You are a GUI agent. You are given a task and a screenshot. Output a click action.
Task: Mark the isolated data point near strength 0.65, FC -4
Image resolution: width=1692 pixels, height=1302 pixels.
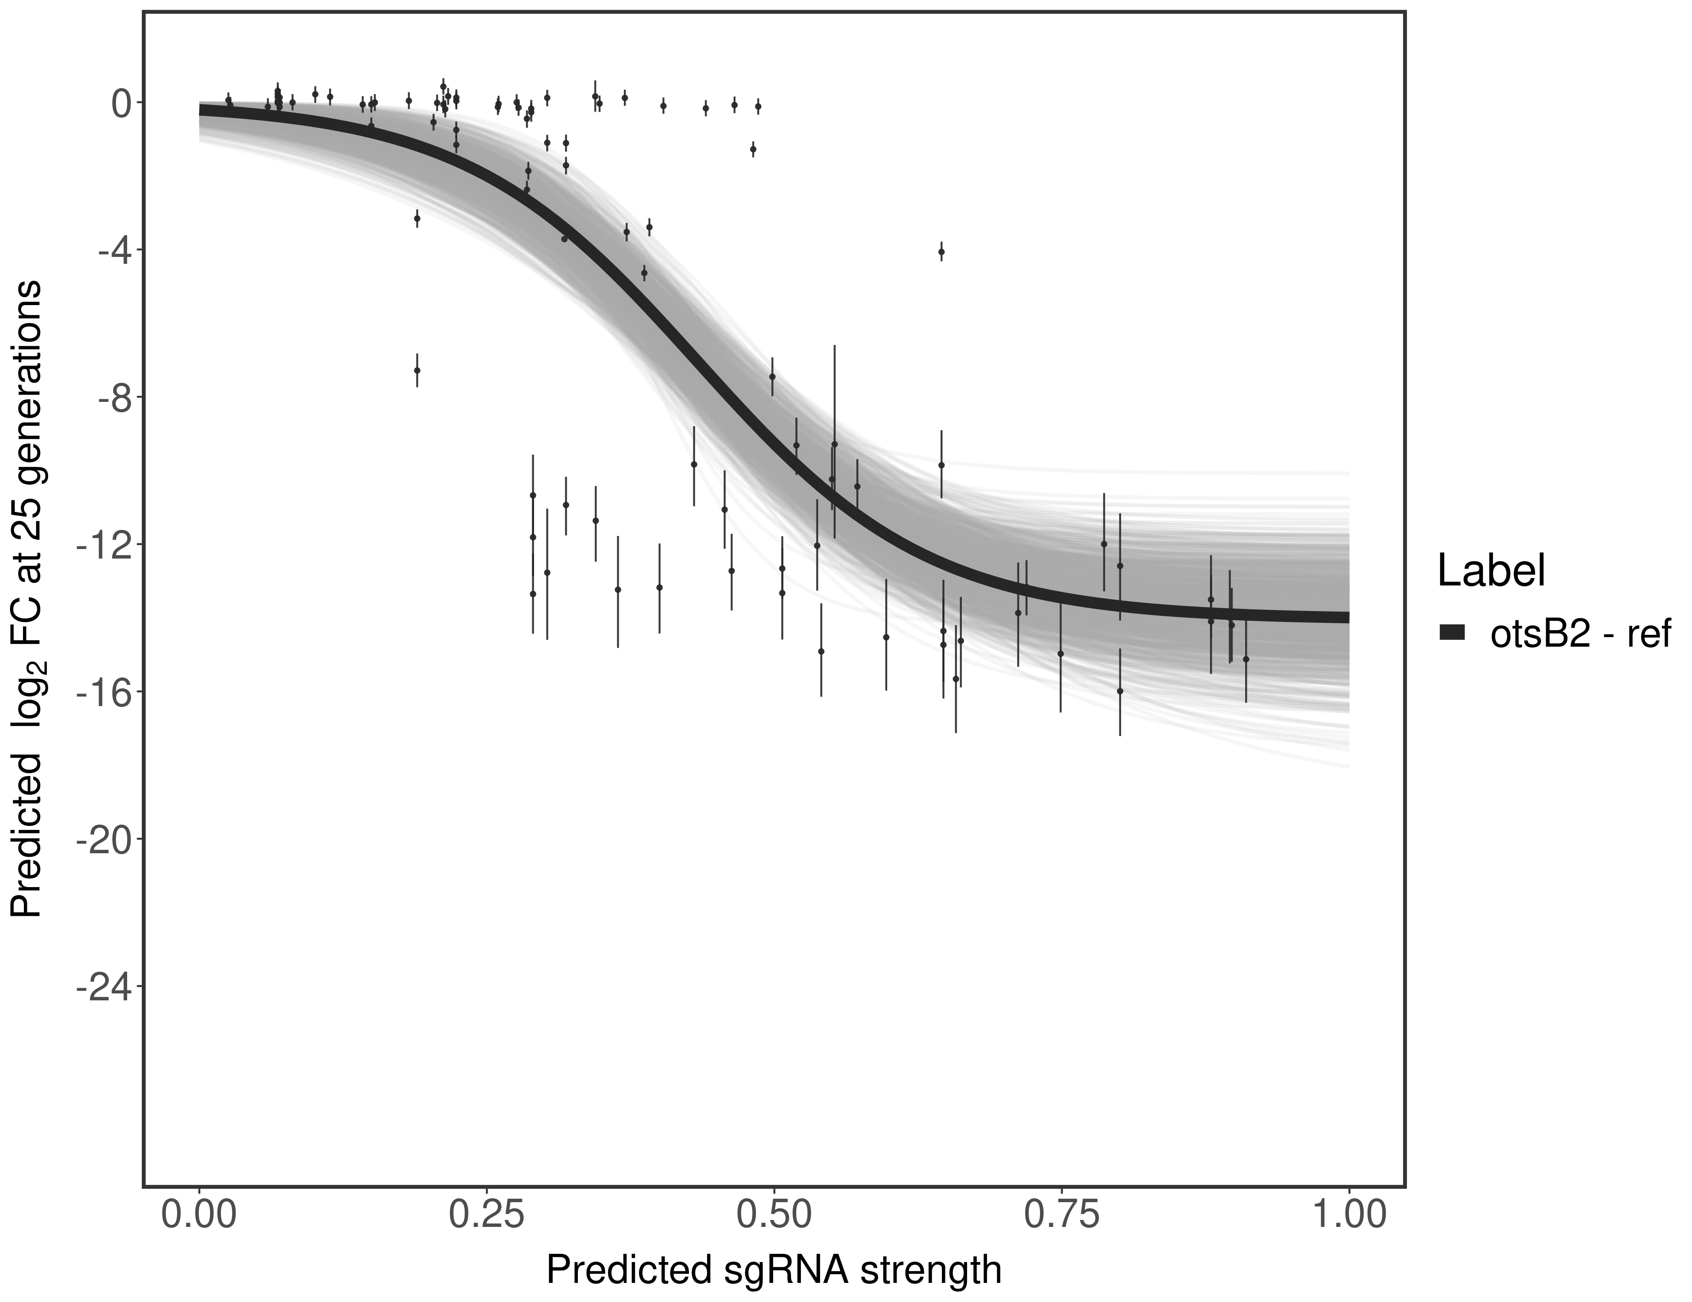coord(941,251)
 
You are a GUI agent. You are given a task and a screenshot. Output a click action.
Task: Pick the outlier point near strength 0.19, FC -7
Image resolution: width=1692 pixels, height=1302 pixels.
coord(417,371)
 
